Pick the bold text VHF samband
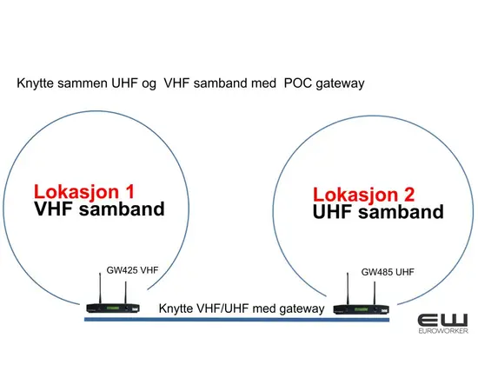pyautogui.click(x=98, y=209)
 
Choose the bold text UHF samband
pyautogui.click(x=378, y=211)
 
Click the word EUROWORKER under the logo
pyautogui.click(x=442, y=332)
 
